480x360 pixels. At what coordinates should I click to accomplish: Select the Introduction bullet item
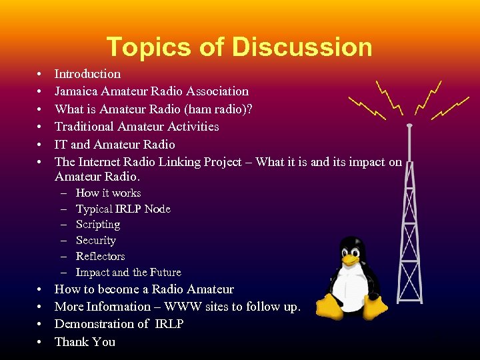point(87,74)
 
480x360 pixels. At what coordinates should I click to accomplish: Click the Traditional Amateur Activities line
point(137,127)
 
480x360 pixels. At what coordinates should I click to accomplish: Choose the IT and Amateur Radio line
point(115,144)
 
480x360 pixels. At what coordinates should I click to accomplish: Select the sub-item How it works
point(108,193)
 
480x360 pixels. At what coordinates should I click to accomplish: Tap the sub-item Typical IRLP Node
point(123,209)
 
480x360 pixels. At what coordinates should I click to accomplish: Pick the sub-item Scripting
point(97,225)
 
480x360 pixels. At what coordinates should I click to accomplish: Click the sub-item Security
point(95,241)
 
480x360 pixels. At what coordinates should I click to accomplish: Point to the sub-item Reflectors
point(100,257)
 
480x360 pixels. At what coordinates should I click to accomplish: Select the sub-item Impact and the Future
point(128,272)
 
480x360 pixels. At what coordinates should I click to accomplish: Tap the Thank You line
point(85,342)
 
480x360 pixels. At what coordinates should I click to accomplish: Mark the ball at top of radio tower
point(409,125)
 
